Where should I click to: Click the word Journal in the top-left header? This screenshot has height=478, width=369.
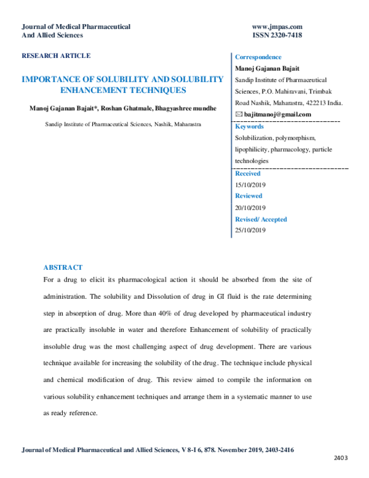(x=33, y=27)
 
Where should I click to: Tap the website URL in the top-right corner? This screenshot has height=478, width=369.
(x=277, y=27)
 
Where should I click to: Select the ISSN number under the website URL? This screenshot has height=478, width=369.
(x=277, y=35)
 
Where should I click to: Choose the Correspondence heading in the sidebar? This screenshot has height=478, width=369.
(x=258, y=57)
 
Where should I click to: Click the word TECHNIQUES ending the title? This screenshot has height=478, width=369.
(x=161, y=90)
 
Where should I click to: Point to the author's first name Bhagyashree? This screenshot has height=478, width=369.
(x=175, y=108)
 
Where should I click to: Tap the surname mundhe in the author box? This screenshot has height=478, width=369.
(x=205, y=108)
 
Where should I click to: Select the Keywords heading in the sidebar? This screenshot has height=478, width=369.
(x=250, y=126)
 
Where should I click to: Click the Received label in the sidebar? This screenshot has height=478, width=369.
(x=248, y=174)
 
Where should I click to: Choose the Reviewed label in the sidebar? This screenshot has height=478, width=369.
(x=249, y=196)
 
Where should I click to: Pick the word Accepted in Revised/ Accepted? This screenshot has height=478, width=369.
(x=274, y=219)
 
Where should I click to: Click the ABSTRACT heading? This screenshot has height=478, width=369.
(x=63, y=267)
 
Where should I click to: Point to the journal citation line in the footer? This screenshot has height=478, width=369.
(x=159, y=450)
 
